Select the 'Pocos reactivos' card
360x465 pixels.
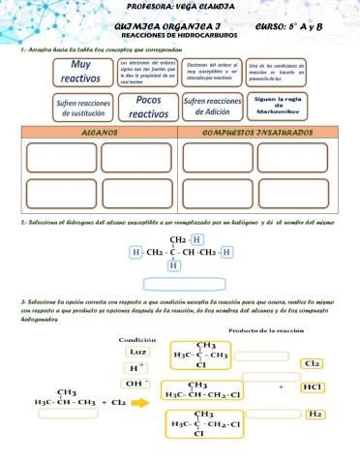149,107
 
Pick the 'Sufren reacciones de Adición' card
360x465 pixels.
212,107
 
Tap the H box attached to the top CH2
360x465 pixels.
197,239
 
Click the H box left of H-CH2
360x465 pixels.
135,252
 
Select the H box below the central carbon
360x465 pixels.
174,265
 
